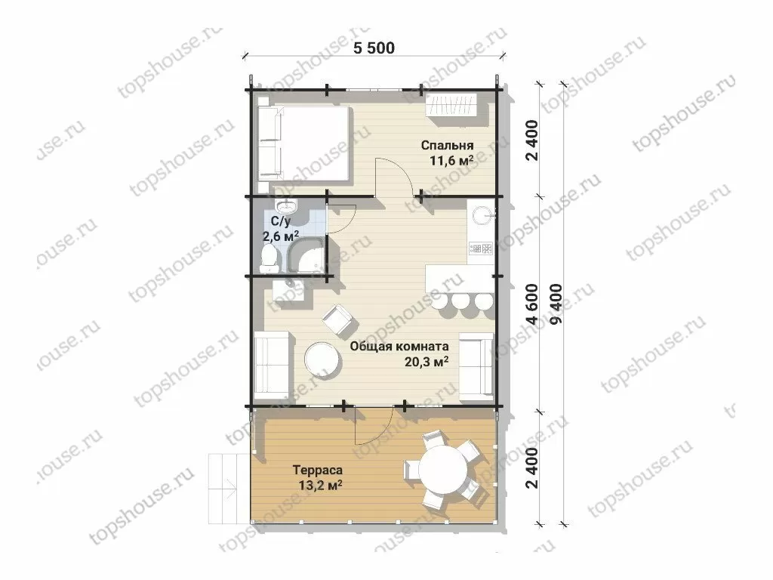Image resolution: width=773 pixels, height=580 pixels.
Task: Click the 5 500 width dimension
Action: coord(374,48)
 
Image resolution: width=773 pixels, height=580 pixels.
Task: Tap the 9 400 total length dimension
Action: coord(558,304)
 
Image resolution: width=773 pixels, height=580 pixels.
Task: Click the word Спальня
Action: coord(447,146)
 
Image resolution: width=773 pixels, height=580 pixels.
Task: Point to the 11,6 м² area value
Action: coord(451,160)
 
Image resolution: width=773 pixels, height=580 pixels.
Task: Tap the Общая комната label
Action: coord(399,346)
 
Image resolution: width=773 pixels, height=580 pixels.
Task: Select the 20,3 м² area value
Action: coord(427,362)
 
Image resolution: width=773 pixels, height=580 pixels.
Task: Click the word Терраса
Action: coord(317,470)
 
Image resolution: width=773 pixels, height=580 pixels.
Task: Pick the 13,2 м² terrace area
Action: coord(320,486)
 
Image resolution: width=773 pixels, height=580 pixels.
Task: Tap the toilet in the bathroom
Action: coord(269,258)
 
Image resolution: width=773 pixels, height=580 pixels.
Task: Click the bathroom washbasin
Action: coord(286,205)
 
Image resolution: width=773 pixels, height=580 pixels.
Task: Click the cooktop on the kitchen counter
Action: coord(481,248)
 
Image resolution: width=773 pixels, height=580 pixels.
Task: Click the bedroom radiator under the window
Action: coord(453,104)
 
